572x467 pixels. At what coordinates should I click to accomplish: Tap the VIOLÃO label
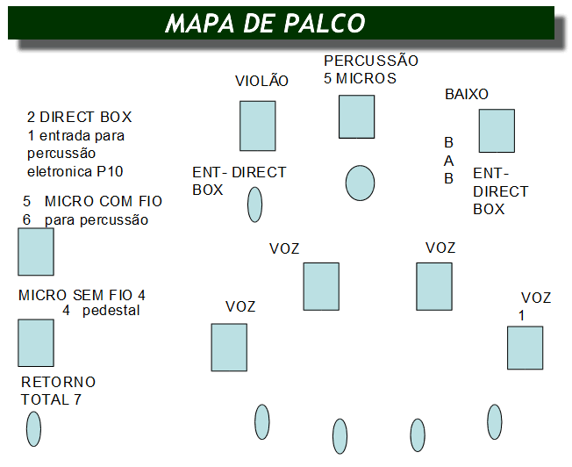point(261,81)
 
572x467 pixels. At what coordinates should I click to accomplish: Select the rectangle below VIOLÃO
point(258,126)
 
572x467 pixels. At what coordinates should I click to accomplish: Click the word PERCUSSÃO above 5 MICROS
point(371,61)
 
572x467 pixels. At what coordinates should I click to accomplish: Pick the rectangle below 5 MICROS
point(357,117)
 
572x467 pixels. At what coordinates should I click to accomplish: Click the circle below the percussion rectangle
point(360,183)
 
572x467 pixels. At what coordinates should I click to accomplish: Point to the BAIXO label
point(467,94)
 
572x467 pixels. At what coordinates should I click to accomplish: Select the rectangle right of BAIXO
point(497,131)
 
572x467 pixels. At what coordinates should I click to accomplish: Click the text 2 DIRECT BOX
point(80,118)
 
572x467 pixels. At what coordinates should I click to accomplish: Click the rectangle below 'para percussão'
point(36,252)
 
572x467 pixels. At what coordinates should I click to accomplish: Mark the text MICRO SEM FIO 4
point(82,295)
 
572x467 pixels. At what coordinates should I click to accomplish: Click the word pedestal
point(111,311)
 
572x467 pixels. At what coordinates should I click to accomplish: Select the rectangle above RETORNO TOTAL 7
point(36,342)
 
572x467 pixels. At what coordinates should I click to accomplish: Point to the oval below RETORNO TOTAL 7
point(33,428)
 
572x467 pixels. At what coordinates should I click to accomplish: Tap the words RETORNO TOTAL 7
point(58,392)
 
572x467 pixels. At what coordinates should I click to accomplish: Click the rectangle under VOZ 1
point(525,348)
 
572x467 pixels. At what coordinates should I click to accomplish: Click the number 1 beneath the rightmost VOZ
point(521,315)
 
